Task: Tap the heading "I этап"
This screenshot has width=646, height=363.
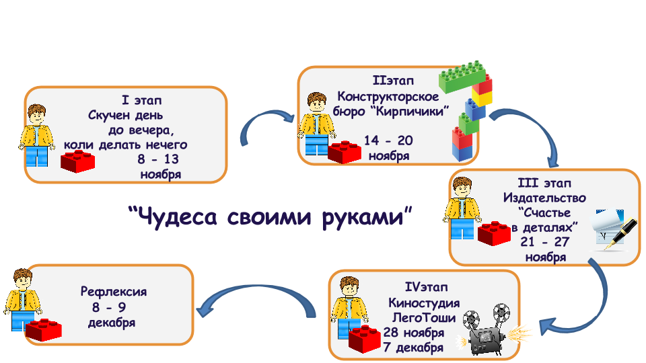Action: (x=142, y=100)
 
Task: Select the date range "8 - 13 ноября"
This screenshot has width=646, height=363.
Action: (x=159, y=166)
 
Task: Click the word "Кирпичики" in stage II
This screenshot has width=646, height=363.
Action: (x=412, y=112)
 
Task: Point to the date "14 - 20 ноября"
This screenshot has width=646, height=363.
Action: (x=388, y=148)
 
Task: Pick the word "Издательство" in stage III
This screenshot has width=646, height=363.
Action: (x=544, y=198)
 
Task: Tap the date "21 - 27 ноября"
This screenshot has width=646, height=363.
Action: (x=545, y=249)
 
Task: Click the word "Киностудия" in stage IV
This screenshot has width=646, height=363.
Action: (x=424, y=303)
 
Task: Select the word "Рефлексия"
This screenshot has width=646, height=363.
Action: (x=114, y=292)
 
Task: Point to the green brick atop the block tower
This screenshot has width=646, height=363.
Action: (x=462, y=76)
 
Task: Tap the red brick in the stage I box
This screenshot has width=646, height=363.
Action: (x=78, y=161)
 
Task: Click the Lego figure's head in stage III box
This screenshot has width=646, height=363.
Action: (x=462, y=188)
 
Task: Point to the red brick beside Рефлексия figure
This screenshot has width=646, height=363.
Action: (x=44, y=329)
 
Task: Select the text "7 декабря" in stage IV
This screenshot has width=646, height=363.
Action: (x=413, y=348)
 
